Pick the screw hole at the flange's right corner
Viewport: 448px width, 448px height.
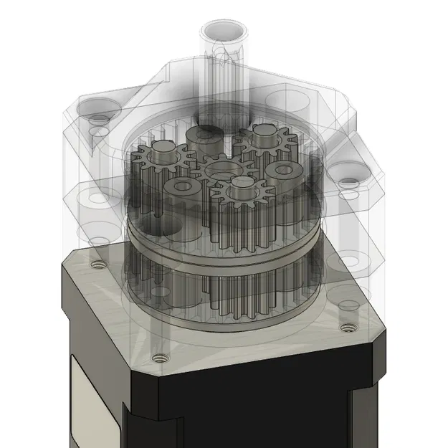coord(349,328)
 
